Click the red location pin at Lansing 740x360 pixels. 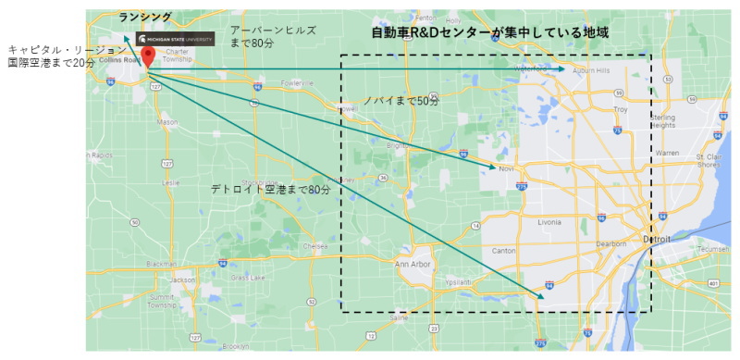(x=147, y=54)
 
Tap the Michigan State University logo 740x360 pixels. (x=176, y=39)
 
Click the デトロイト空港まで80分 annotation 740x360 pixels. (x=269, y=189)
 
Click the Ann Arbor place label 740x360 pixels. (x=413, y=265)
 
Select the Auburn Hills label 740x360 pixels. (x=590, y=70)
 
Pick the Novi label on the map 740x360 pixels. (x=505, y=169)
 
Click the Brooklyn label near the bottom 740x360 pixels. (x=234, y=346)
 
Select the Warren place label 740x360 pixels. (x=667, y=152)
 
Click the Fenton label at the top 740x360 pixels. (x=425, y=18)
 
